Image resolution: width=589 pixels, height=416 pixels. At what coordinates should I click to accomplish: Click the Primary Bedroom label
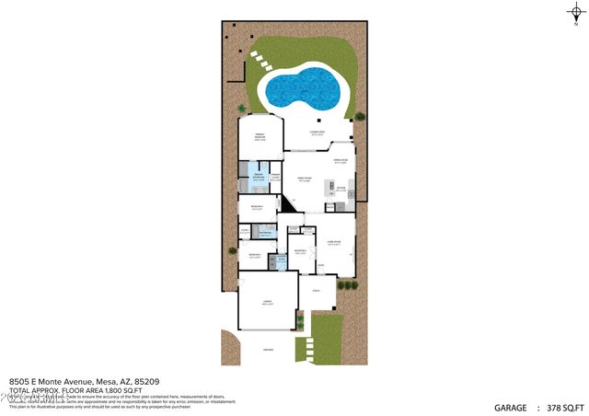[x=260, y=138]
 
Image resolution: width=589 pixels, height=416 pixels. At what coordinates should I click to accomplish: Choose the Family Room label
[x=305, y=180]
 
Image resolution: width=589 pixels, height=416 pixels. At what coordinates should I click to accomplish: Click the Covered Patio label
[x=318, y=134]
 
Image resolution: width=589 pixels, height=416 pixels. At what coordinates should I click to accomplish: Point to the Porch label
[x=318, y=291]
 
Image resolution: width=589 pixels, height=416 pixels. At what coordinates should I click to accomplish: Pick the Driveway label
[x=268, y=350]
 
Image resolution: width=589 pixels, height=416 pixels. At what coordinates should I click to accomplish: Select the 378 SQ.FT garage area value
[x=566, y=407]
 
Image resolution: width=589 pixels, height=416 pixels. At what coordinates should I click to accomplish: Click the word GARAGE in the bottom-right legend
[x=511, y=407]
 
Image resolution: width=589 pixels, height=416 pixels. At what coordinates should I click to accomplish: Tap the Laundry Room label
[x=282, y=260]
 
